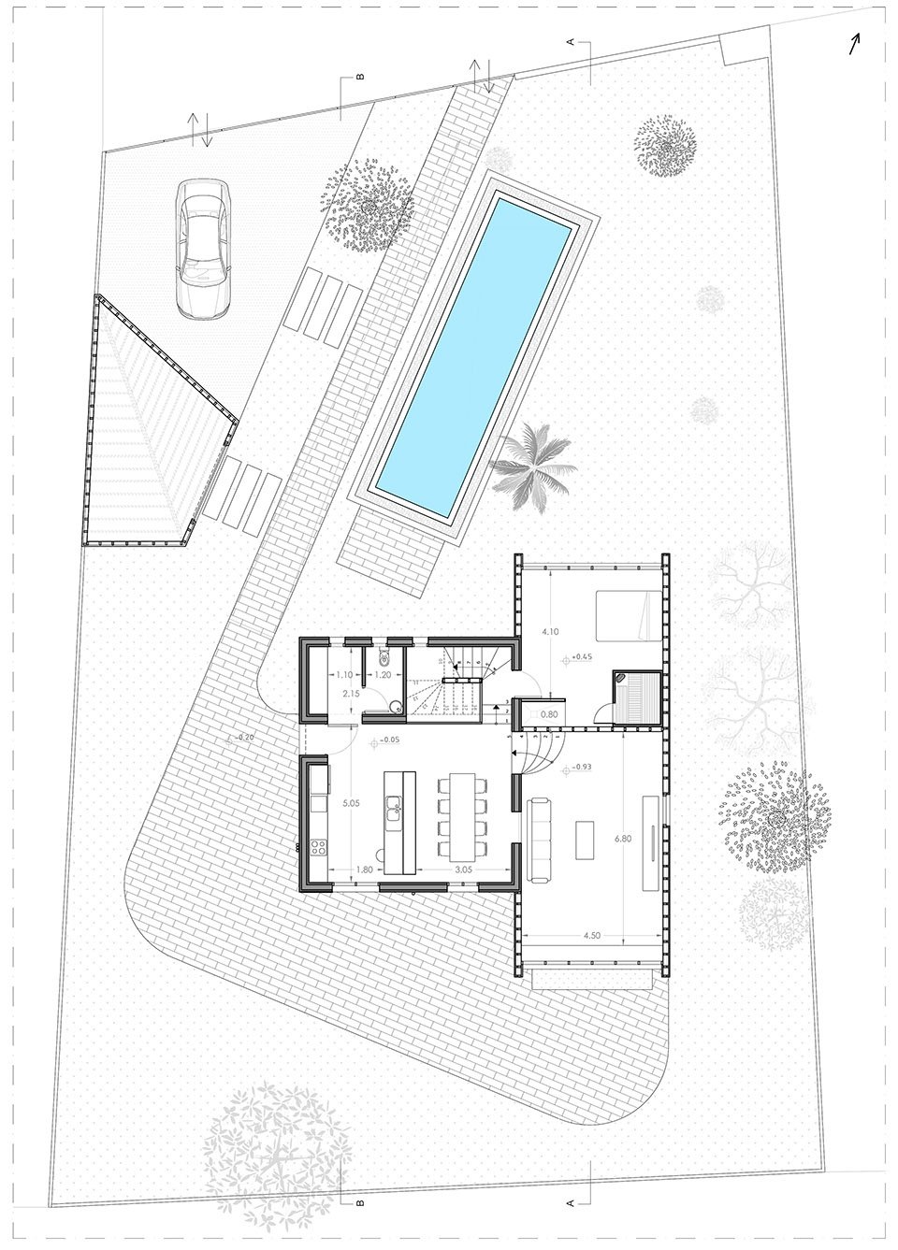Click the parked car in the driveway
(203, 248)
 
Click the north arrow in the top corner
(854, 44)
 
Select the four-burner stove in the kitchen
(316, 850)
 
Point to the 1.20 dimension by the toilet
(382, 674)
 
